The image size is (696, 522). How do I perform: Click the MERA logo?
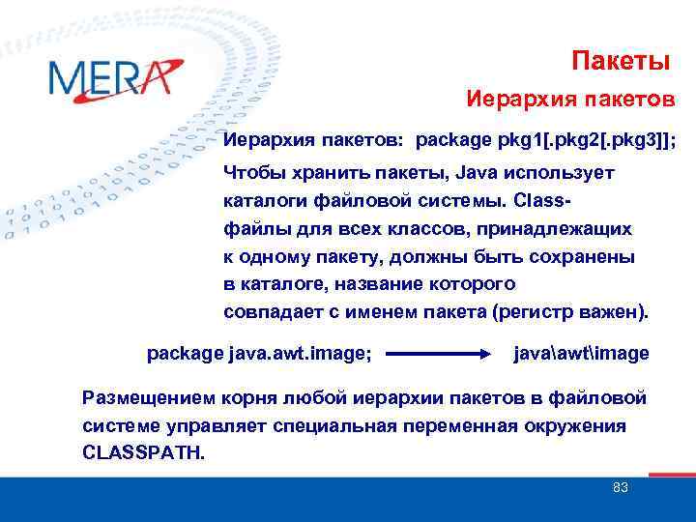coord(113,77)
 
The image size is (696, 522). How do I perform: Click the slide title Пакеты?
coord(620,62)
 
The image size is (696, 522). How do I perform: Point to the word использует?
coord(560,173)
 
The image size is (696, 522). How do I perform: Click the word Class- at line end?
coord(545,201)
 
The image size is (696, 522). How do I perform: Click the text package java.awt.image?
coord(258,354)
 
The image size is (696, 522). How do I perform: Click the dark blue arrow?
coord(440,355)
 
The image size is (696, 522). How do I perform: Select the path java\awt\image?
coord(581,354)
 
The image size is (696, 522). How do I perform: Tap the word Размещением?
coord(144,398)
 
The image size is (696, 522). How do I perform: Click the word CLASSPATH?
coord(143,452)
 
